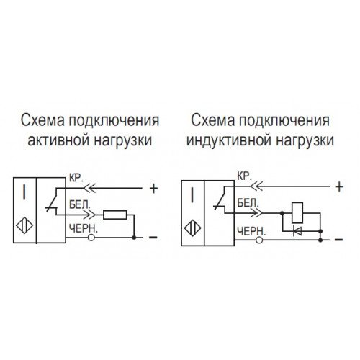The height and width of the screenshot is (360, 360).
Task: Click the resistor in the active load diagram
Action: coord(115,215)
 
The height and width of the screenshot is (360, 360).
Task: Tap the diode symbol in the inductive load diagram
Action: coord(298,231)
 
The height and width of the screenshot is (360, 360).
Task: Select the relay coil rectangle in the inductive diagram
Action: coord(297,213)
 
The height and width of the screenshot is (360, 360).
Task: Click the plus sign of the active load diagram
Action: coord(153,189)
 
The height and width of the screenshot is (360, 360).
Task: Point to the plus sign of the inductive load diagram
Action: coord(339,186)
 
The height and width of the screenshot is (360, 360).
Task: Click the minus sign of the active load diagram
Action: coord(153,238)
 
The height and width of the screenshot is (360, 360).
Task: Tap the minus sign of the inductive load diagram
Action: coord(338,240)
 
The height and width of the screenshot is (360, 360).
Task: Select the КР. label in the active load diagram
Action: coord(76,178)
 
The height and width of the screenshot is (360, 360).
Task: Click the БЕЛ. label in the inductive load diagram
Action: coord(248,203)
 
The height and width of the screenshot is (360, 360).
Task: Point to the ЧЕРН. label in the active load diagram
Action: coord(84,228)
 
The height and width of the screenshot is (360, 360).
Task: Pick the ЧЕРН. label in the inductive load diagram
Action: coord(251,231)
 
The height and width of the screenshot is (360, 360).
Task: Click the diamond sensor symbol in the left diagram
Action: coord(24,226)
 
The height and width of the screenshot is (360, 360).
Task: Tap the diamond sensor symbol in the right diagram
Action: coord(192,228)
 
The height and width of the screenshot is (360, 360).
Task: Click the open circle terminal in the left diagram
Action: coord(91,238)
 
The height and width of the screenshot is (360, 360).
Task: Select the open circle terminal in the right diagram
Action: coord(259,240)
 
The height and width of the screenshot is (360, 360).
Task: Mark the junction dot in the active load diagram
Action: coord(134,238)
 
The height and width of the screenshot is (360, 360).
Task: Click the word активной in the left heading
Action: coord(58,140)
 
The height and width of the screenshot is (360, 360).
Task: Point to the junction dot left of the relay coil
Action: coord(282,213)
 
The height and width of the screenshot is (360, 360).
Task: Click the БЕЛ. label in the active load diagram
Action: coord(80,205)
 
